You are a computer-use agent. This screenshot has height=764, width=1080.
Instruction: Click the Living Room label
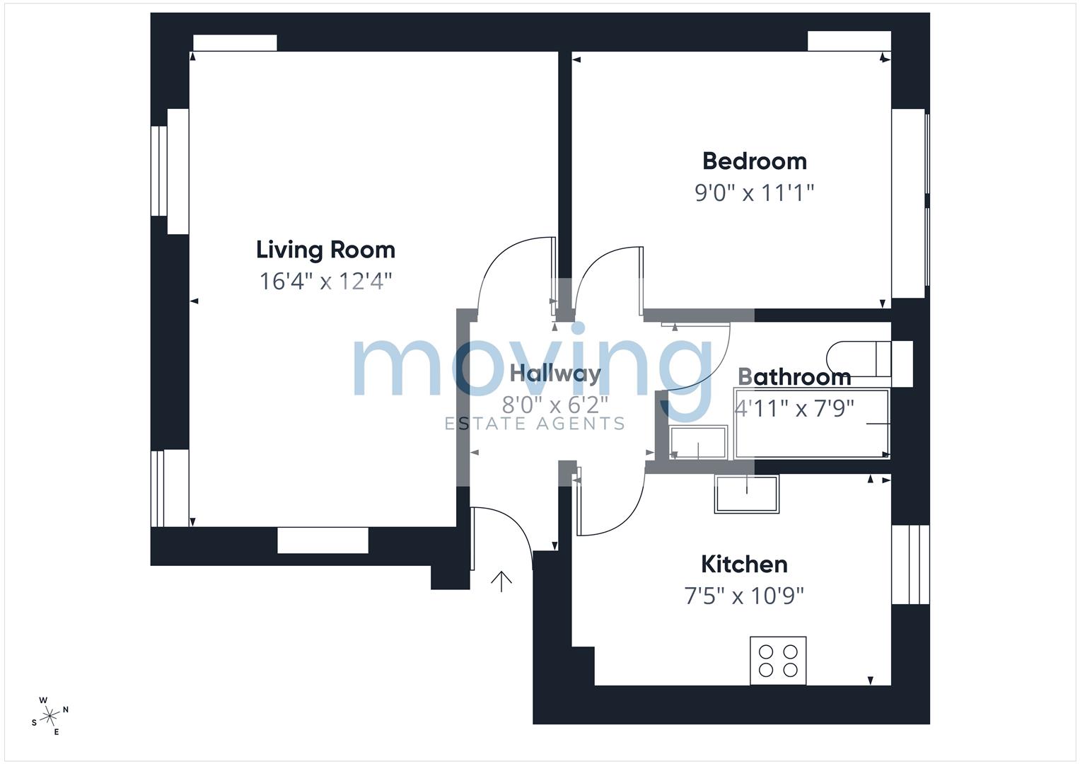325,250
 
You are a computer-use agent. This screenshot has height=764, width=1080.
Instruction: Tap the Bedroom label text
755,161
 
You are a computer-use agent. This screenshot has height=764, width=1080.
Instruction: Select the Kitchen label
744,565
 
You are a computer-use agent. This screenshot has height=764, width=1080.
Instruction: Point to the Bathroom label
794,377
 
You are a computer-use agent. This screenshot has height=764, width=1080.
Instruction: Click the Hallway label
555,374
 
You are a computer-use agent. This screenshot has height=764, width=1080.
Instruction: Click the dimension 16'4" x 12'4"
325,282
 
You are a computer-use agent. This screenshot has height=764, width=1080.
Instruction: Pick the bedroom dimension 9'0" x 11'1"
754,193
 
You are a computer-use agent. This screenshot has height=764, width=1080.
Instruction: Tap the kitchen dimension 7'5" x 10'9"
744,596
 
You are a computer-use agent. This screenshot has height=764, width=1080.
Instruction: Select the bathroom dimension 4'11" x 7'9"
794,409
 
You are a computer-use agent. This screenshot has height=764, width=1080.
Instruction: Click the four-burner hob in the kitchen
778,660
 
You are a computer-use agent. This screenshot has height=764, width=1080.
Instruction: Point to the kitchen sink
746,494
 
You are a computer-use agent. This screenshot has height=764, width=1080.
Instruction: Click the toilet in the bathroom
869,359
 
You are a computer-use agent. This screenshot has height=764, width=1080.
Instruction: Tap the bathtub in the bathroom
812,423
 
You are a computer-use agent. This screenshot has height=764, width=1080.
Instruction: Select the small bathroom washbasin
698,442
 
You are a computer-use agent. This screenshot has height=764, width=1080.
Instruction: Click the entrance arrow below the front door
501,581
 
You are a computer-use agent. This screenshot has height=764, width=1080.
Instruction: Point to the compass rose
50,716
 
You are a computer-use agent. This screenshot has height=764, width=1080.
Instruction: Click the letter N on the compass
66,710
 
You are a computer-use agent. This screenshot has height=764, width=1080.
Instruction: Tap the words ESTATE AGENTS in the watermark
534,424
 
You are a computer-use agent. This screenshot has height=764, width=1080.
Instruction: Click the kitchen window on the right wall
910,565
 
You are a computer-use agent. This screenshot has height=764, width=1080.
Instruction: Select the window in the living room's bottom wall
323,540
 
